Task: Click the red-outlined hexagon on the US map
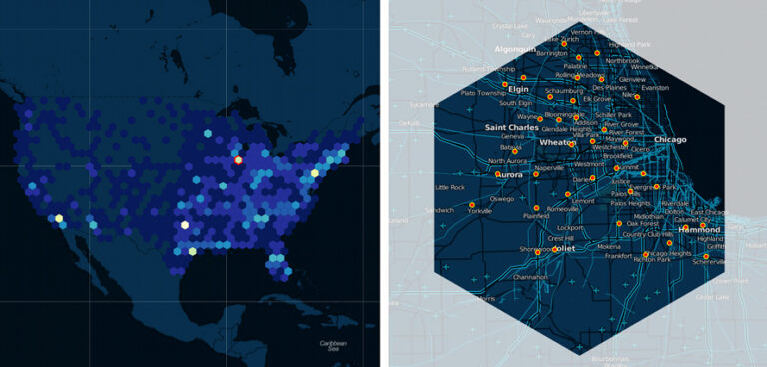click(238, 159)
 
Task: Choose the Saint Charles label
click(511, 128)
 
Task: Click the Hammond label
click(698, 229)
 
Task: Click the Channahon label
click(530, 276)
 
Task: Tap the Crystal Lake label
click(510, 26)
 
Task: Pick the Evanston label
click(655, 88)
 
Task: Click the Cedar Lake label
click(712, 297)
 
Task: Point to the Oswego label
click(502, 198)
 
